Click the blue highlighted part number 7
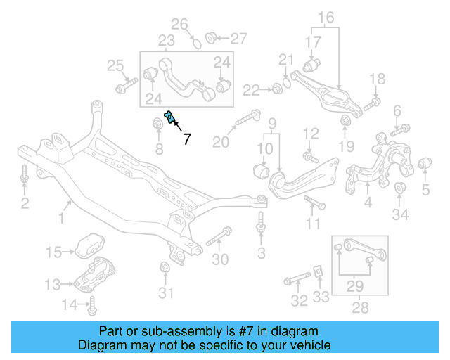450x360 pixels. tap(169, 117)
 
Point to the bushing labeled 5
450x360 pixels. tap(425, 165)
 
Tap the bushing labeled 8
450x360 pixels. tap(158, 125)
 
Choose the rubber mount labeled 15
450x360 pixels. tap(85, 244)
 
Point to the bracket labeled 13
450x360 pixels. tap(94, 280)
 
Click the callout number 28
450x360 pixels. tap(359, 307)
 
